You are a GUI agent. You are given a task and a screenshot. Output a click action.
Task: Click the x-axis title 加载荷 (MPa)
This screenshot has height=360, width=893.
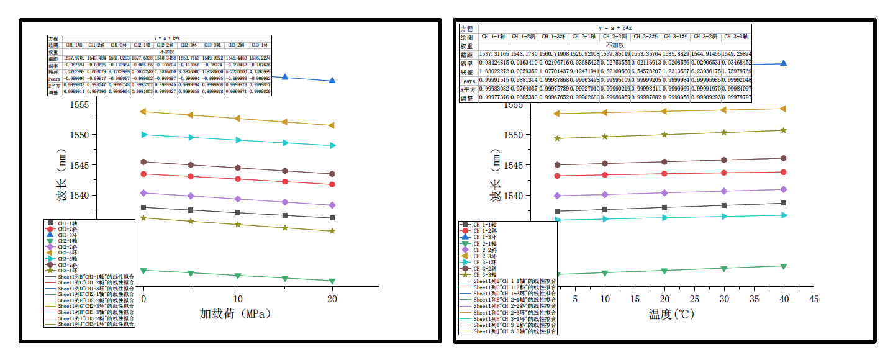point(235,314)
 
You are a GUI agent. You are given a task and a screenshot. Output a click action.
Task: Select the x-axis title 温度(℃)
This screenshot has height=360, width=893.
point(672,314)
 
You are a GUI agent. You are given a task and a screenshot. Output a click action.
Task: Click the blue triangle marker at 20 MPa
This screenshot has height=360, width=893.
point(332,81)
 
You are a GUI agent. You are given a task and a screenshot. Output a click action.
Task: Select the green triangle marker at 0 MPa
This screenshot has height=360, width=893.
point(143,271)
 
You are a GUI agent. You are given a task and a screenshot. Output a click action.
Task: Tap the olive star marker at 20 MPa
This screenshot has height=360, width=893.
point(332,231)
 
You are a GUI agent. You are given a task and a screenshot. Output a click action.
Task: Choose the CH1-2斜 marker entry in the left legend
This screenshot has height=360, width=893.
point(68,229)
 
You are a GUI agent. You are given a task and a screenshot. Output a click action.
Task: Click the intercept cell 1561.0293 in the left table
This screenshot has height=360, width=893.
point(120,58)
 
